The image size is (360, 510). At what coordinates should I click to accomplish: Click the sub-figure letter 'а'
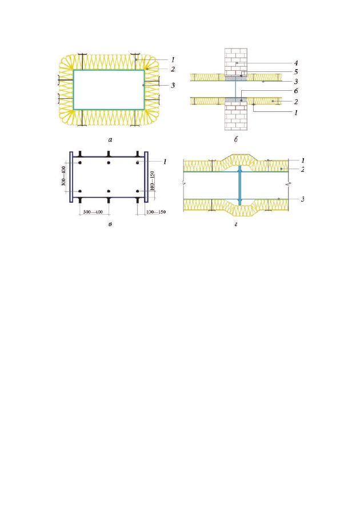(x=110, y=140)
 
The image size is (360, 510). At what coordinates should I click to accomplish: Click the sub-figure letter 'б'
(x=235, y=139)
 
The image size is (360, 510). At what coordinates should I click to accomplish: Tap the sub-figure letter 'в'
(x=110, y=224)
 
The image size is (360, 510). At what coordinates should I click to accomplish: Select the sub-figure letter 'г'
(x=235, y=224)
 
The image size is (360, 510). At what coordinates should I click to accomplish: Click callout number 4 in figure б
(x=295, y=63)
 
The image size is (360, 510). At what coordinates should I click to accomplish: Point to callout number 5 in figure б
(x=295, y=72)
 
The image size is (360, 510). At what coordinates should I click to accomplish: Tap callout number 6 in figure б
(x=295, y=91)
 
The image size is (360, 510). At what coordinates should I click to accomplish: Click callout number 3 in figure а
(x=173, y=85)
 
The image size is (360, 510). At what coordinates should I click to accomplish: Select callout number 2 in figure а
(x=173, y=69)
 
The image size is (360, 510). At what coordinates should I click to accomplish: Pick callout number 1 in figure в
(x=165, y=161)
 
